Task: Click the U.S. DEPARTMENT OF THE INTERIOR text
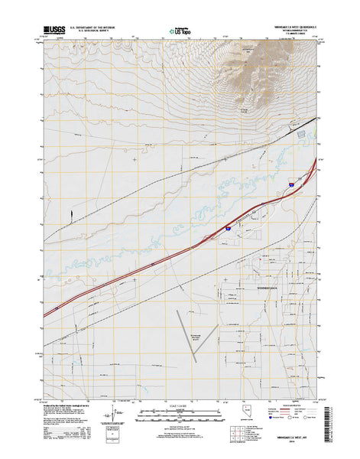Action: pos(94,27)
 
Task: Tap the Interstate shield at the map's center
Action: pos(227,227)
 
